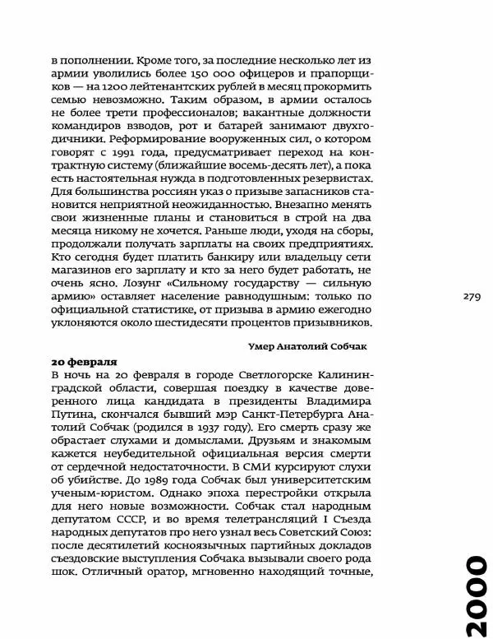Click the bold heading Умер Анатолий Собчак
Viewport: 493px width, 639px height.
pyautogui.click(x=308, y=346)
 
